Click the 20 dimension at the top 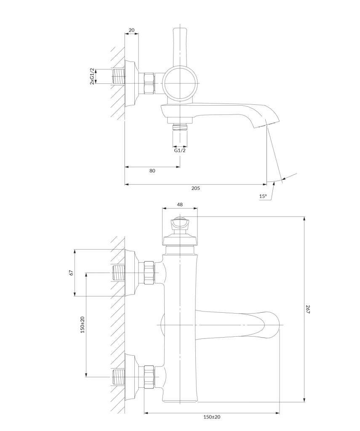pos(132,30)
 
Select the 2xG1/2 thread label pos(92,77)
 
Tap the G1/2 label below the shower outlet pos(180,150)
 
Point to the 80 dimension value pos(152,171)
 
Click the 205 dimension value pos(195,188)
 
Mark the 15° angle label pos(263,196)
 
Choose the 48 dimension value pos(180,205)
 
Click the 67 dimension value pos(71,273)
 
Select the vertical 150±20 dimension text pos(83,325)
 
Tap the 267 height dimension pos(308,309)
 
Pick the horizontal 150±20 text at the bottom pos(212,417)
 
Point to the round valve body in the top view pos(180,83)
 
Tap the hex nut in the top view pos(149,83)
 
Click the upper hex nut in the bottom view pos(149,272)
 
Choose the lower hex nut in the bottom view pos(149,377)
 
